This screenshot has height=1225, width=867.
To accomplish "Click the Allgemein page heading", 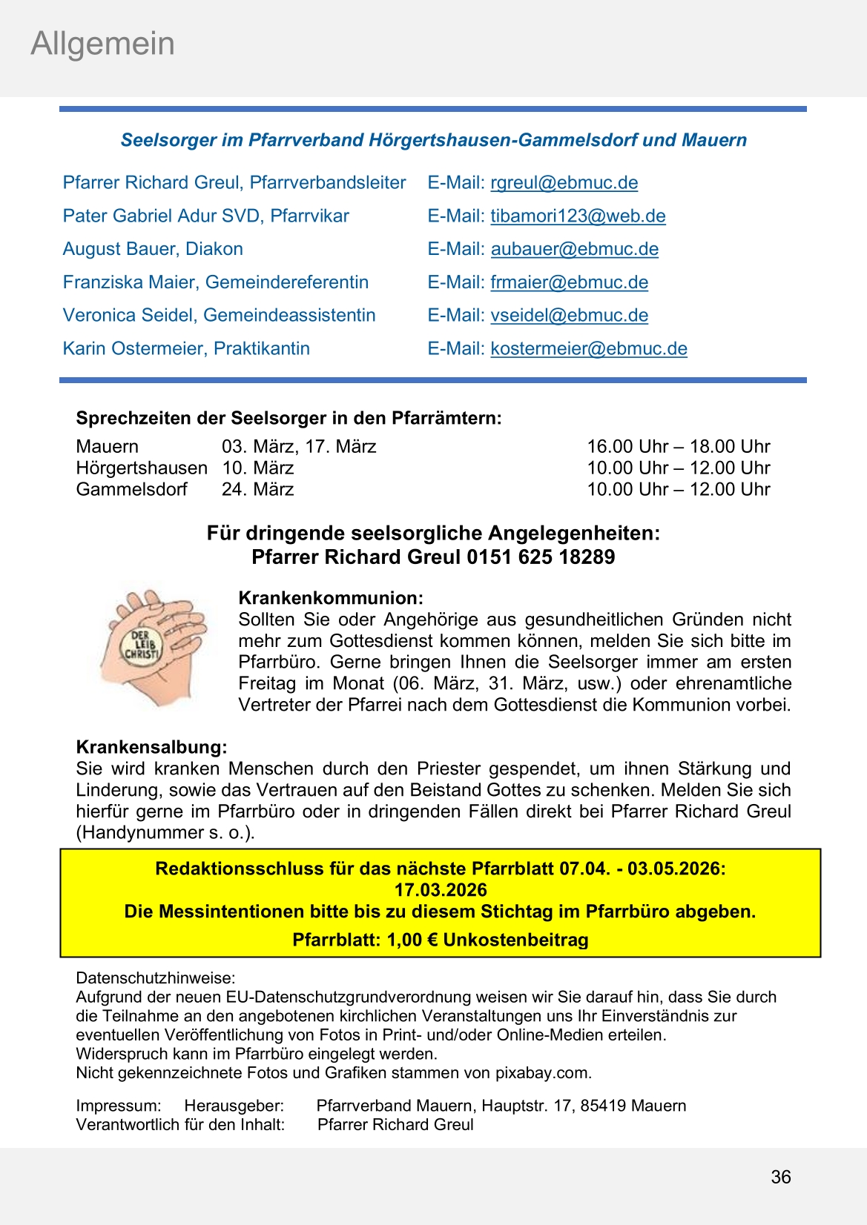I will click(102, 44).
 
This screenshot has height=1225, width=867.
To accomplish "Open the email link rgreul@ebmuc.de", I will click(564, 183).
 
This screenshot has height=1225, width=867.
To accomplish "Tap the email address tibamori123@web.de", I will click(578, 216).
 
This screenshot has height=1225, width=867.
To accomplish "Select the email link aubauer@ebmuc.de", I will click(574, 250).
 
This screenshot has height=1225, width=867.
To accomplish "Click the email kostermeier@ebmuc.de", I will click(589, 349).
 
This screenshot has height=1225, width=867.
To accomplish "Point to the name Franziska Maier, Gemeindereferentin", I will click(215, 282).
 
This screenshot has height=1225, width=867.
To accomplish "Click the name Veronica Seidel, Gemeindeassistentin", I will click(219, 316).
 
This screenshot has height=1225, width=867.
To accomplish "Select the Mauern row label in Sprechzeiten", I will click(107, 447).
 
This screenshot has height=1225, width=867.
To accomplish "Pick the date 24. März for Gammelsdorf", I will click(257, 490).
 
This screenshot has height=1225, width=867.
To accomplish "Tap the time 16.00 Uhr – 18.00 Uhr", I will click(678, 447).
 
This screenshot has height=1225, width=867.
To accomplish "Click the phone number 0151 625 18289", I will click(541, 557).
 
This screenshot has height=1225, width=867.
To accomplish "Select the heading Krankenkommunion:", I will click(331, 598).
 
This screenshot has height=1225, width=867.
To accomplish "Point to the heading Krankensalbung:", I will click(151, 747).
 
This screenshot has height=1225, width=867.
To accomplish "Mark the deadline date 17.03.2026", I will click(441, 890).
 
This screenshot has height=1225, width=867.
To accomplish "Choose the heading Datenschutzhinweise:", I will click(155, 978).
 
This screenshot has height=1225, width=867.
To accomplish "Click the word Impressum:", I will click(118, 1106).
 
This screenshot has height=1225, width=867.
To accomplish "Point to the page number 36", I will click(780, 1177).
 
